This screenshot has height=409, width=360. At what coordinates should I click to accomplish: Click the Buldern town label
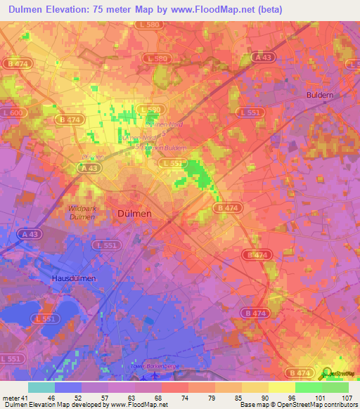pos(320,94)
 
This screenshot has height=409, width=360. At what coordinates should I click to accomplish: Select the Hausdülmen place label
pos(74,278)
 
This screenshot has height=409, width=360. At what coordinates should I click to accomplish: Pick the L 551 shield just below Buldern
pos(308,112)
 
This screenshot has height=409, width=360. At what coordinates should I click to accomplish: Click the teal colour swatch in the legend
pos(41,387)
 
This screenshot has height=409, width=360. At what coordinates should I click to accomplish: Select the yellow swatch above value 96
pos(282,387)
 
